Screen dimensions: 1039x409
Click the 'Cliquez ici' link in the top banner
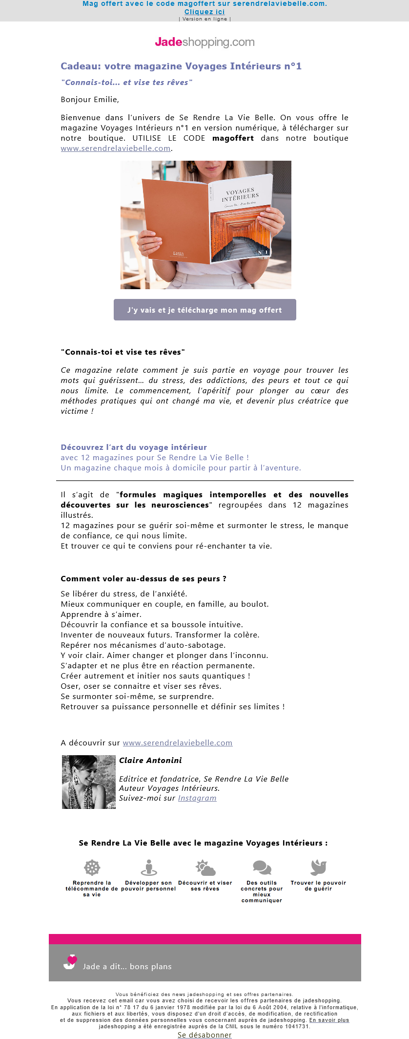pyautogui.click(x=204, y=12)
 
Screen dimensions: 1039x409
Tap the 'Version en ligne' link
pyautogui.click(x=204, y=19)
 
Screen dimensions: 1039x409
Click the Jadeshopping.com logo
pyautogui.click(x=204, y=42)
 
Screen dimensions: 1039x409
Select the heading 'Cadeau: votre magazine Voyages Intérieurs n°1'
pyautogui.click(x=181, y=66)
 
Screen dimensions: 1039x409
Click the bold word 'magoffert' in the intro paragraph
pyautogui.click(x=233, y=138)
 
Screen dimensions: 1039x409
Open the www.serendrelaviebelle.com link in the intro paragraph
pyautogui.click(x=116, y=148)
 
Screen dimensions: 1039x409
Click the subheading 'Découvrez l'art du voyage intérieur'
pyautogui.click(x=134, y=447)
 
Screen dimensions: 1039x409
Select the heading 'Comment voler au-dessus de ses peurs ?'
pyautogui.click(x=143, y=579)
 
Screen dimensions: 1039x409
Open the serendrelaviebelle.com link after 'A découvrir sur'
pyautogui.click(x=177, y=743)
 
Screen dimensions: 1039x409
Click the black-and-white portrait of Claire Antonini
pyautogui.click(x=89, y=782)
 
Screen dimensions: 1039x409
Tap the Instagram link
pyautogui.click(x=197, y=798)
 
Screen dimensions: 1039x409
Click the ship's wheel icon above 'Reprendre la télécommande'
pyautogui.click(x=92, y=868)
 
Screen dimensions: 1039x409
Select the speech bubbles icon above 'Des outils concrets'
pyautogui.click(x=262, y=868)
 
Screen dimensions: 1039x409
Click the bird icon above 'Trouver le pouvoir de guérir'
pyautogui.click(x=318, y=868)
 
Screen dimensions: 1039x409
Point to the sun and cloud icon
pyautogui.click(x=205, y=868)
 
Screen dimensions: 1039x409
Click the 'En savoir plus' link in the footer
pyautogui.click(x=329, y=1020)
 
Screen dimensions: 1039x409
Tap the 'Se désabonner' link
pyautogui.click(x=204, y=1035)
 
